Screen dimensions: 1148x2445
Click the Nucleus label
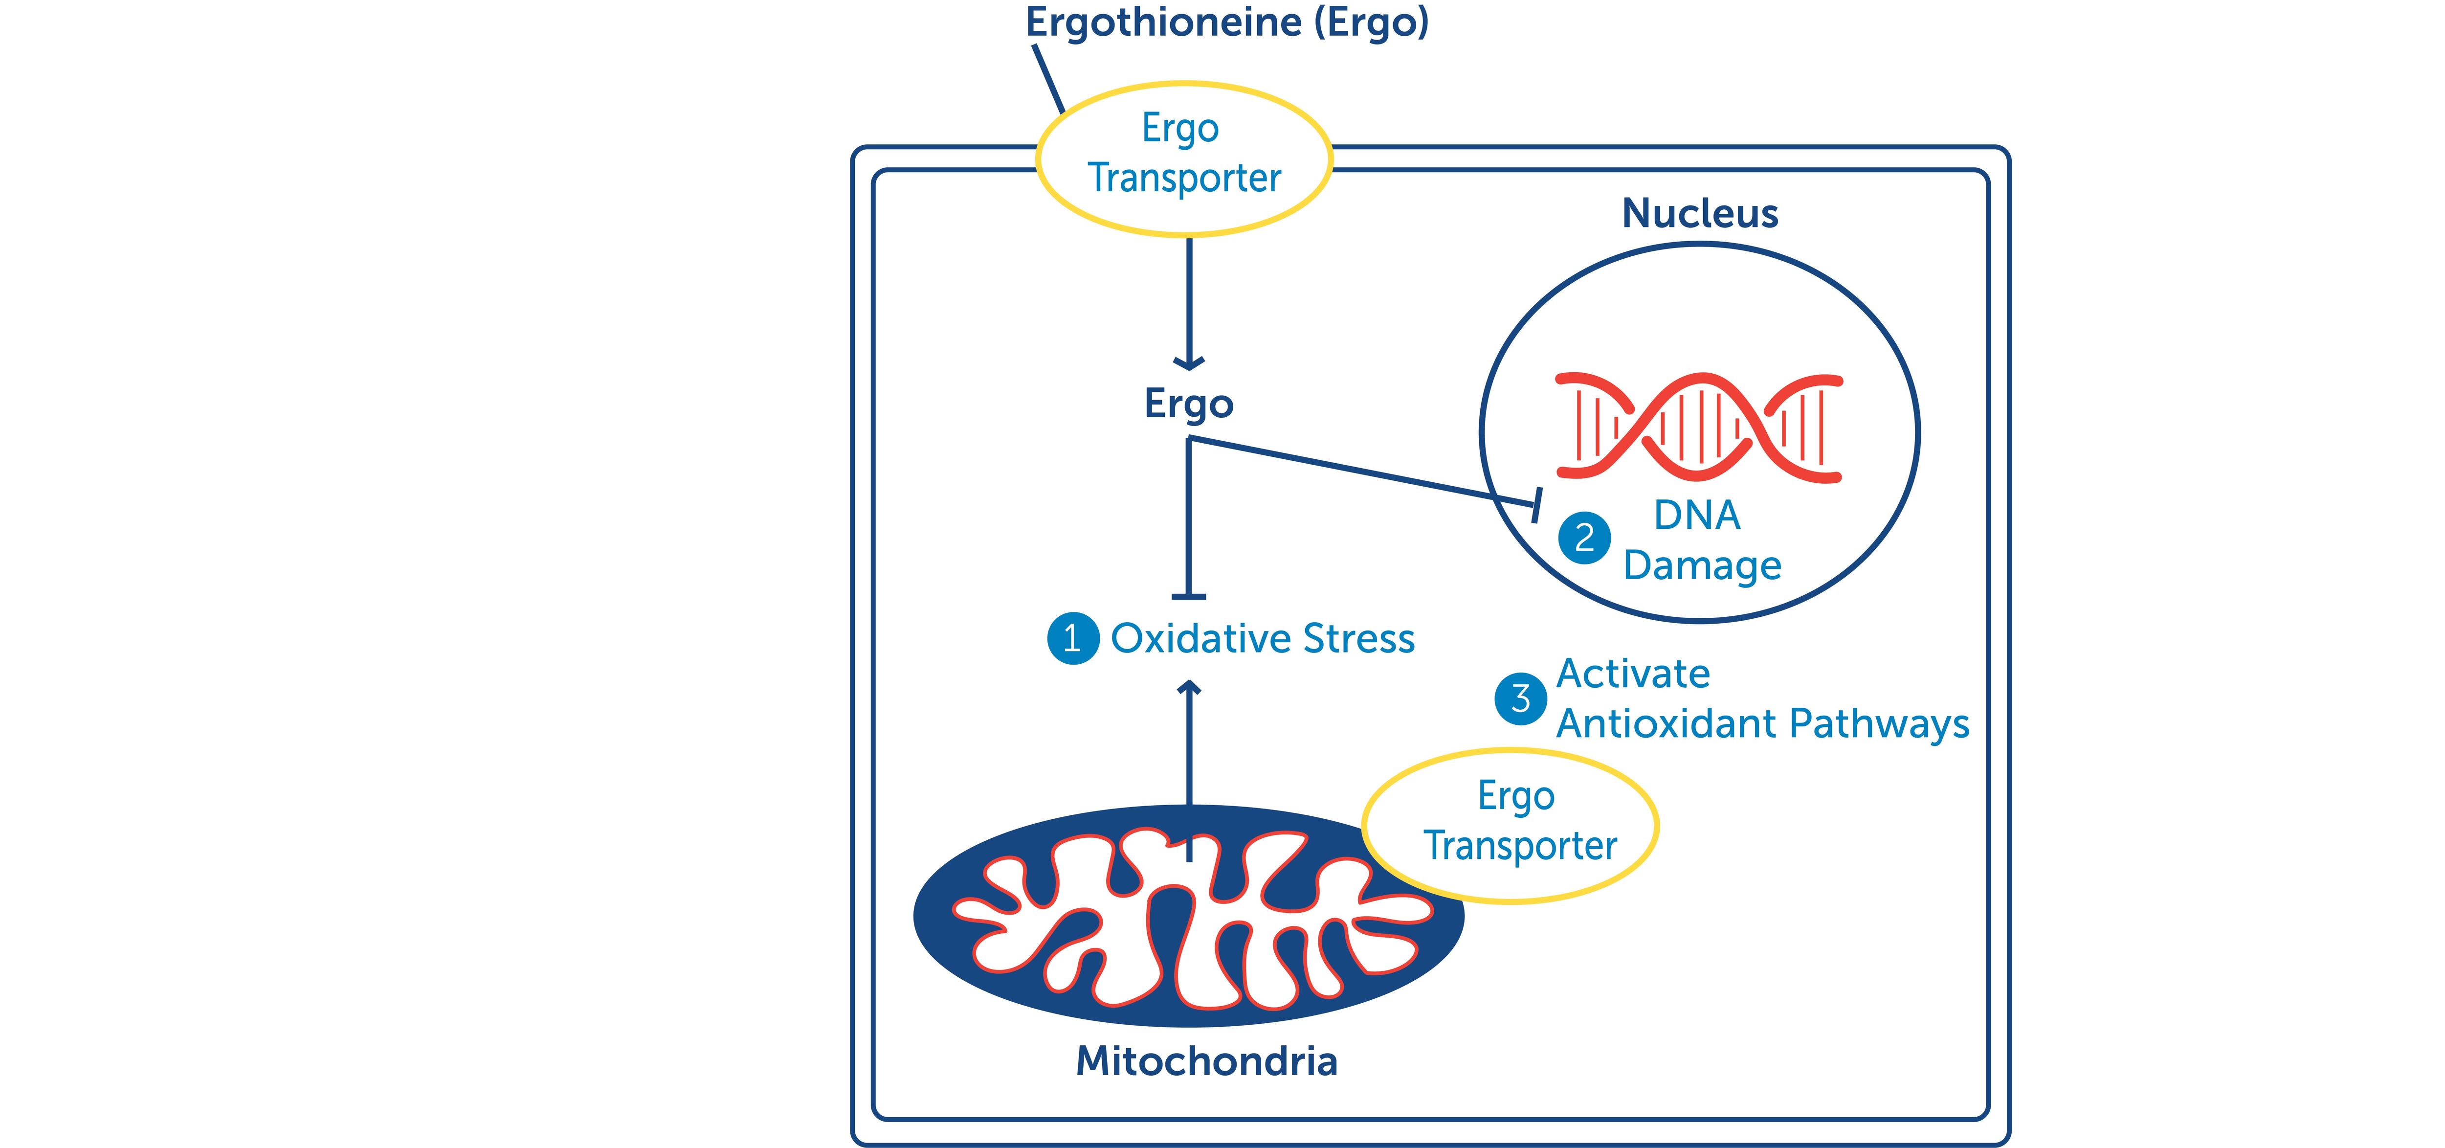tap(1699, 213)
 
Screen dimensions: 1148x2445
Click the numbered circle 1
tap(1072, 638)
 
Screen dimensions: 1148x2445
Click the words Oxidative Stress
tap(1263, 638)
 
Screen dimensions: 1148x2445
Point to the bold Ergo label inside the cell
tap(1188, 404)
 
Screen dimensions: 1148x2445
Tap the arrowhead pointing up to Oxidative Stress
tap(1188, 687)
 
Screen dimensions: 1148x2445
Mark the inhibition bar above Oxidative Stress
tap(1188, 596)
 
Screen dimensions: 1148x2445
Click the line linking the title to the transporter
tap(1048, 80)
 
